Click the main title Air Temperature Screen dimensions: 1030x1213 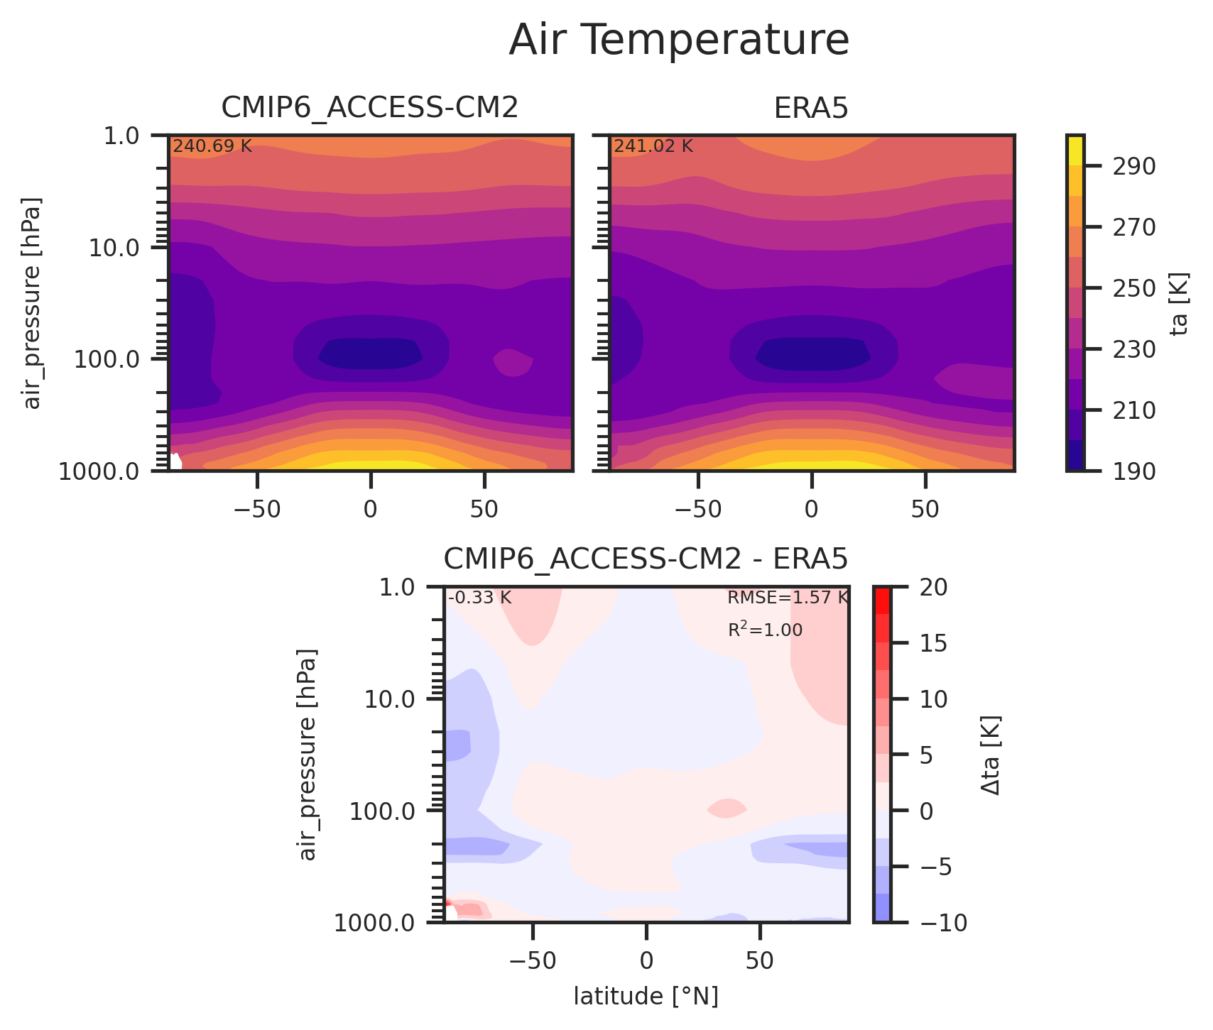[x=679, y=40]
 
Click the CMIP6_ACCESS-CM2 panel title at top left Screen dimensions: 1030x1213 [x=369, y=108]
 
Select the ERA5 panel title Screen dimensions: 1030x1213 [x=811, y=108]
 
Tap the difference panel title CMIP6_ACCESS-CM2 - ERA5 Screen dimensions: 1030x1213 [x=646, y=560]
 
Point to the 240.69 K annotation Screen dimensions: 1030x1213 [x=212, y=147]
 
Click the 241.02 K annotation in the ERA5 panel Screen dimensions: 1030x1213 [x=653, y=147]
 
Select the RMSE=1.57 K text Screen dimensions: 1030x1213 [x=788, y=598]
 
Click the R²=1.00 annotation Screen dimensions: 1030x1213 [x=765, y=630]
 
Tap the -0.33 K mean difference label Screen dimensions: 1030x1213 [x=479, y=598]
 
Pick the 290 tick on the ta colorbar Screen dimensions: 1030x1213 [x=1120, y=166]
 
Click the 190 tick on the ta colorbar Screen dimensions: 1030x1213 [x=1120, y=471]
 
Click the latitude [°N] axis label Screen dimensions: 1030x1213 [x=646, y=997]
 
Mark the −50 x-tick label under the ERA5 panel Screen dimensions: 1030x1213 [x=697, y=508]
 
